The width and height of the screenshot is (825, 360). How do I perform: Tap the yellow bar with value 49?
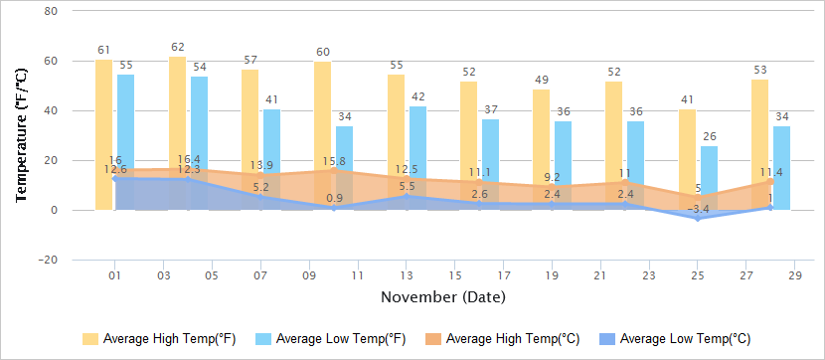pos(541,139)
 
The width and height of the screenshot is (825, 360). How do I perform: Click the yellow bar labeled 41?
pos(687,149)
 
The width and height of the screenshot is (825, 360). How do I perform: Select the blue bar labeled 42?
pos(417,139)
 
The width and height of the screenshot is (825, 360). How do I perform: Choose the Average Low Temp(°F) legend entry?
pos(332,339)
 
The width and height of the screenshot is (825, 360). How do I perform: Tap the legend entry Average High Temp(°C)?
pos(506,339)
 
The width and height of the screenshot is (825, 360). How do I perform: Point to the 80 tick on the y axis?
pos(51,11)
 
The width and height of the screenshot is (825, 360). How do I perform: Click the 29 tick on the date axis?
pos(795,275)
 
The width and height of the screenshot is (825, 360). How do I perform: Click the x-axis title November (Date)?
pos(442,297)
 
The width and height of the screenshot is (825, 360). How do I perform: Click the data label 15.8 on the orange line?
pos(334,162)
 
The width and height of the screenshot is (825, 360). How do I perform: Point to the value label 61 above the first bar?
pos(103,50)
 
